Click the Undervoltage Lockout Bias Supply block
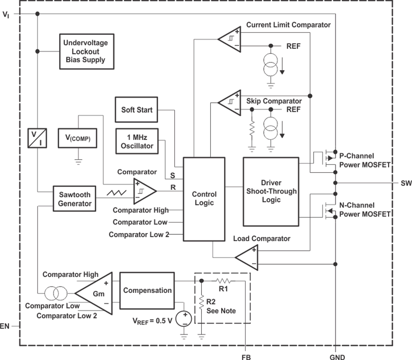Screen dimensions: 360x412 click(x=84, y=51)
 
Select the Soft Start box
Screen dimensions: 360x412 click(x=136, y=110)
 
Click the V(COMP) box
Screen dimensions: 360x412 click(x=78, y=139)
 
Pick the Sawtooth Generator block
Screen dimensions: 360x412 click(x=74, y=198)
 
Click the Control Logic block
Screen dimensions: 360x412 click(x=204, y=199)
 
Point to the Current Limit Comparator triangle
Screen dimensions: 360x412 click(x=229, y=38)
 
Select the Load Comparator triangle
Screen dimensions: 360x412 click(x=247, y=256)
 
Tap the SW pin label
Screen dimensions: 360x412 click(x=406, y=184)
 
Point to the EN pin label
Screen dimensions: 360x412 click(x=6, y=327)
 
